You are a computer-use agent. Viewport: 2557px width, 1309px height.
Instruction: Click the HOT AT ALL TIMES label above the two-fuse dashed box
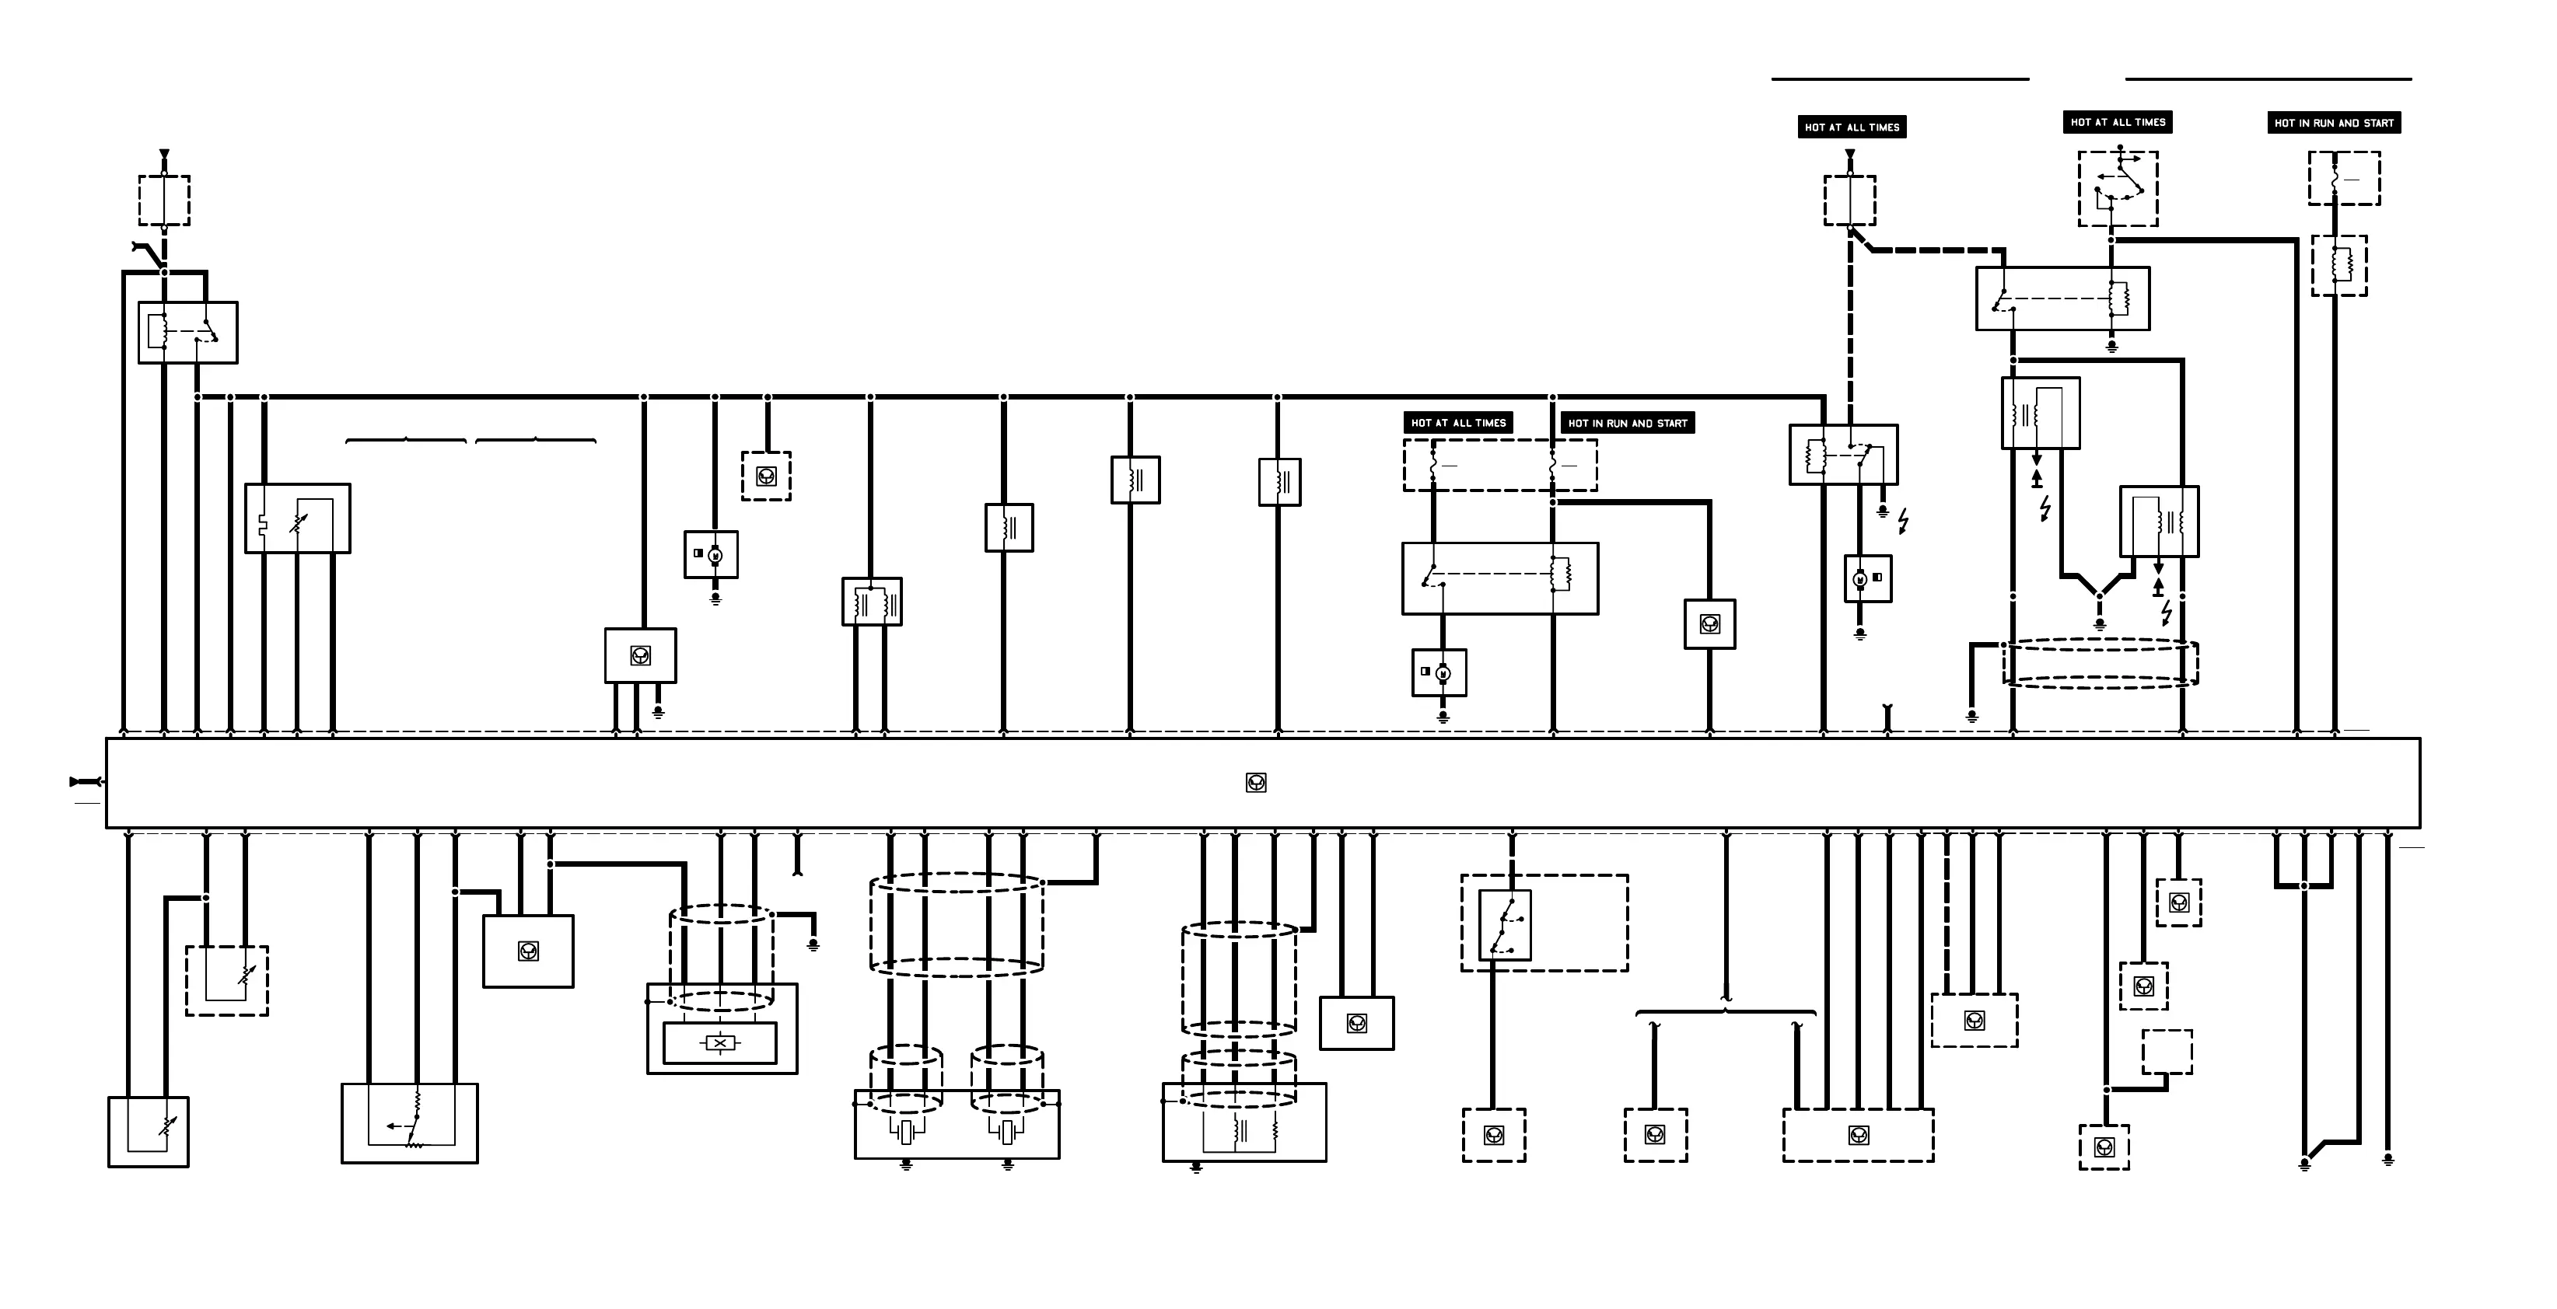point(1457,423)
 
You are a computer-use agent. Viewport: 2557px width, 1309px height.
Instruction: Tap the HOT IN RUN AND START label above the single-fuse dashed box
point(2334,123)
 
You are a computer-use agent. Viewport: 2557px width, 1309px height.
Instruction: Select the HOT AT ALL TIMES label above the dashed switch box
point(2118,122)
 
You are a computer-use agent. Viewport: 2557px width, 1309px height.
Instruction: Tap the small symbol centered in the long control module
point(1256,783)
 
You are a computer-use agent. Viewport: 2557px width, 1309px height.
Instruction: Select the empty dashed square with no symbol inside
point(2166,1052)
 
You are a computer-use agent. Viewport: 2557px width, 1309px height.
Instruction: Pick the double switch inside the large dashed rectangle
point(1505,925)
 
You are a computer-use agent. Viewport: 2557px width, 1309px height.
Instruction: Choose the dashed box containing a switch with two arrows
point(2118,189)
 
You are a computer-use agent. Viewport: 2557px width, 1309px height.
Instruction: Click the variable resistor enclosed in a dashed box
point(227,980)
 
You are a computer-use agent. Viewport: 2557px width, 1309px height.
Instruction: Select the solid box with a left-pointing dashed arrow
point(409,1122)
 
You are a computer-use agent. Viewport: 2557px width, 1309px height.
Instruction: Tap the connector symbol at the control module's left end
point(86,782)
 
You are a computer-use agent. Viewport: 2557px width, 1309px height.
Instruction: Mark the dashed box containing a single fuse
point(2344,179)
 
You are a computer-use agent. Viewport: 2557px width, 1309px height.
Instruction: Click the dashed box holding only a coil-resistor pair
point(2338,265)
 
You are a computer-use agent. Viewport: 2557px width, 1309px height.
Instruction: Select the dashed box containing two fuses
point(1500,465)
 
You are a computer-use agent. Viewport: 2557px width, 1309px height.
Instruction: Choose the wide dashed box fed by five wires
point(1858,1134)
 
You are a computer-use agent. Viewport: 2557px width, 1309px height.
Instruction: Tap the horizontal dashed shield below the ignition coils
point(2100,663)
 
